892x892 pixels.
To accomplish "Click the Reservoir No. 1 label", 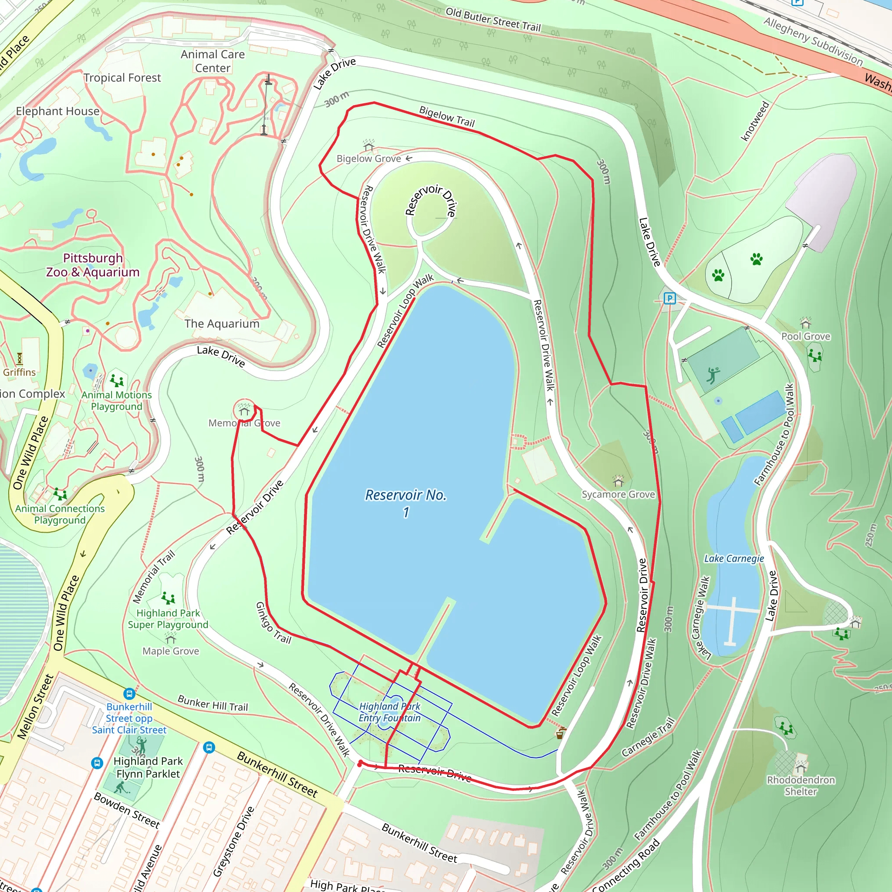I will pyautogui.click(x=406, y=503).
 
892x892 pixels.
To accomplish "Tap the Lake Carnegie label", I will pyautogui.click(x=733, y=559).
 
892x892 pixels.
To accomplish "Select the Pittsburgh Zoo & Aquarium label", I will pyautogui.click(x=93, y=265).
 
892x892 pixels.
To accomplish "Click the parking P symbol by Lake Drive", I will pyautogui.click(x=669, y=298).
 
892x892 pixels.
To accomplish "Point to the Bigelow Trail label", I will pyautogui.click(x=446, y=116).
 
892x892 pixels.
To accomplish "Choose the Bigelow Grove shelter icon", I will pyautogui.click(x=368, y=146).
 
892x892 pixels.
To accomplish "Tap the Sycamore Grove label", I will pyautogui.click(x=618, y=494).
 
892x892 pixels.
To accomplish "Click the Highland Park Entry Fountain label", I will pyautogui.click(x=390, y=712).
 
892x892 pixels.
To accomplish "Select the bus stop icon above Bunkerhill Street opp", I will pyautogui.click(x=129, y=693).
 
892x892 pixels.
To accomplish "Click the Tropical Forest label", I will pyautogui.click(x=122, y=78).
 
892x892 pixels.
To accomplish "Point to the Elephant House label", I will pyautogui.click(x=58, y=111).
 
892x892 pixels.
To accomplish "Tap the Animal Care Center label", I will pyautogui.click(x=213, y=61).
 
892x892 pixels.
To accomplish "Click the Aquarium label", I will pyautogui.click(x=222, y=324).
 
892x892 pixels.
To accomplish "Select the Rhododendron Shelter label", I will pyautogui.click(x=801, y=785).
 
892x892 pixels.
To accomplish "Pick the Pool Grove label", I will pyautogui.click(x=806, y=336).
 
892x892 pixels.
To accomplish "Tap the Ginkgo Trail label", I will pyautogui.click(x=274, y=623).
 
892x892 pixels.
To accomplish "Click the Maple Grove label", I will pyautogui.click(x=171, y=651).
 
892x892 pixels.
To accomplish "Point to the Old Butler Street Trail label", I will pyautogui.click(x=493, y=20).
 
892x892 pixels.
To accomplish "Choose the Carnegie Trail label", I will pyautogui.click(x=648, y=737).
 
